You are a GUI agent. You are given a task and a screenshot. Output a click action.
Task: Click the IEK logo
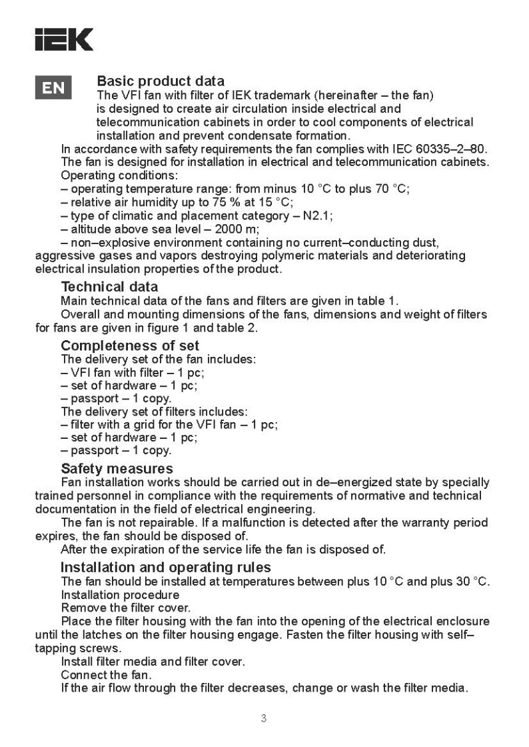64,39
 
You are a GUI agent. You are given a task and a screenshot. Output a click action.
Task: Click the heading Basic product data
161,82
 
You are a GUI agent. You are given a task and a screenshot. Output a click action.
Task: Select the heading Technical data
109,287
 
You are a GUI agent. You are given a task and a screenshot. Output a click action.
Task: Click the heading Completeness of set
130,345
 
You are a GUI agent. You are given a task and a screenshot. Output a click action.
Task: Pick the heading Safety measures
117,468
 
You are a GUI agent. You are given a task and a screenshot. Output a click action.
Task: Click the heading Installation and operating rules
166,567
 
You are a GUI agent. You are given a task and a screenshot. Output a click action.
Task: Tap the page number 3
264,718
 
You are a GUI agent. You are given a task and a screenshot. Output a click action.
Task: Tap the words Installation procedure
120,594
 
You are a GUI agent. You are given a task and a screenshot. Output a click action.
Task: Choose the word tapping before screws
55,648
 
